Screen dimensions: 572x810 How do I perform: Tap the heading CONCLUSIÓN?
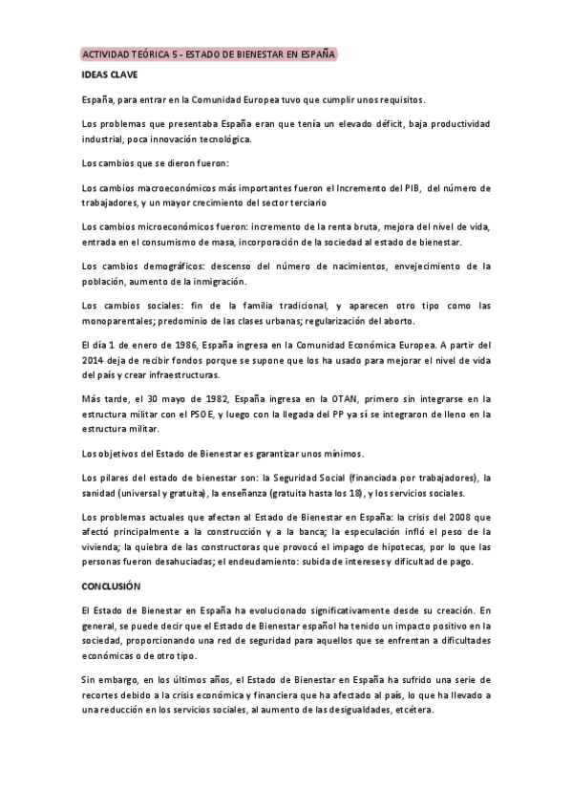(x=112, y=584)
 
